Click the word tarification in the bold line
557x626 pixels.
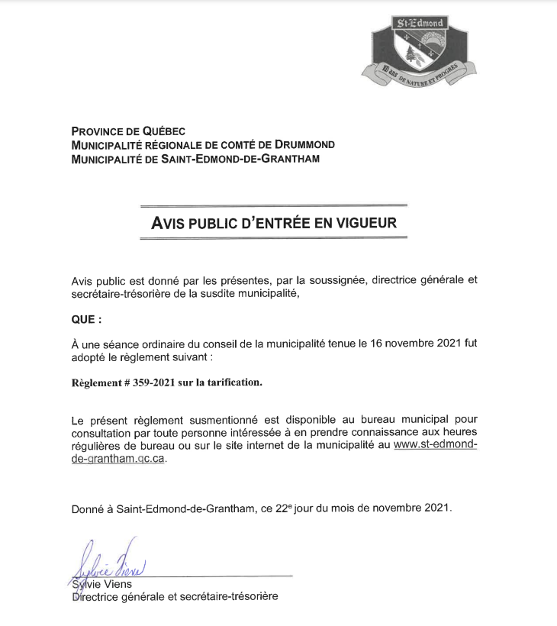(x=231, y=382)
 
